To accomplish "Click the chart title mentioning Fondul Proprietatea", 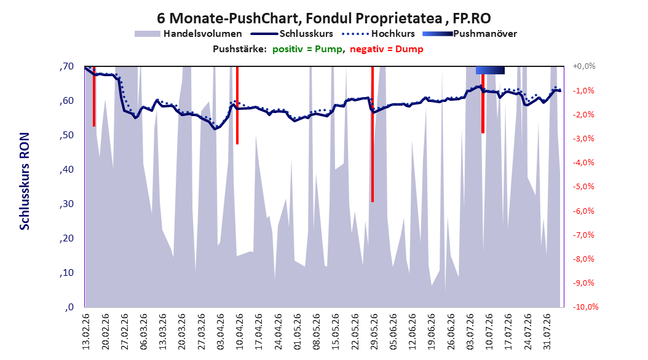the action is pyautogui.click(x=323, y=18).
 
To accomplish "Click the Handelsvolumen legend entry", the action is pyautogui.click(x=188, y=34).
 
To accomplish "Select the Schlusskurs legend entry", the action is pyautogui.click(x=292, y=34).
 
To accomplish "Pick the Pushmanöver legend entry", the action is pyautogui.click(x=470, y=34).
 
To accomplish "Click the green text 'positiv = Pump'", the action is pyautogui.click(x=307, y=49).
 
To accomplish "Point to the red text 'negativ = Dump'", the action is pyautogui.click(x=387, y=49).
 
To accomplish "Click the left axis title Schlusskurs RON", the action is pyautogui.click(x=25, y=181).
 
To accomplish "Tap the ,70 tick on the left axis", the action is pyautogui.click(x=66, y=66).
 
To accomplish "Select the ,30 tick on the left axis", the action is pyautogui.click(x=66, y=204).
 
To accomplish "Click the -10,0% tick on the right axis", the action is pyautogui.click(x=585, y=307).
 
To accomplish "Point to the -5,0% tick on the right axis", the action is pyautogui.click(x=583, y=186).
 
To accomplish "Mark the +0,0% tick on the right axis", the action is pyautogui.click(x=584, y=66).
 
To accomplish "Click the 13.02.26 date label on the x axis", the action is pyautogui.click(x=86, y=332).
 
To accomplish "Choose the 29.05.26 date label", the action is pyautogui.click(x=374, y=332).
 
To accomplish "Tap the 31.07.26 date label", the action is pyautogui.click(x=547, y=332).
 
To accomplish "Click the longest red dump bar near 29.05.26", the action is pyautogui.click(x=373, y=134).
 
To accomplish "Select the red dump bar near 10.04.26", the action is pyautogui.click(x=237, y=105).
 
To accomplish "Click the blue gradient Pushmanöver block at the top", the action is pyautogui.click(x=490, y=70).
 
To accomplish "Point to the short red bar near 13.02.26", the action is pyautogui.click(x=94, y=96).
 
